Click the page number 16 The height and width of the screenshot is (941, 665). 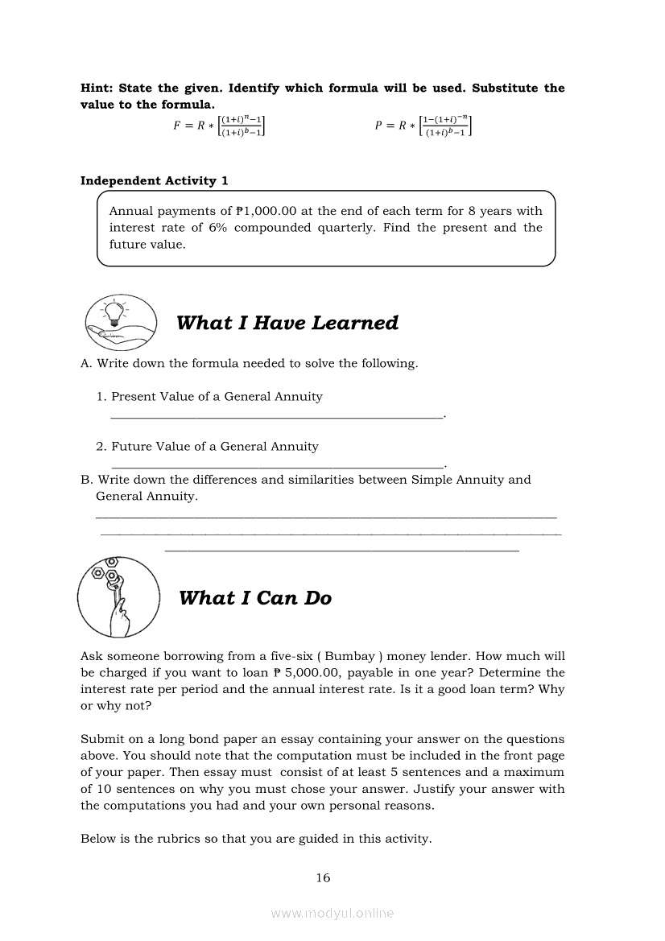pyautogui.click(x=323, y=878)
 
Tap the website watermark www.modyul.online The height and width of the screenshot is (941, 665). pyautogui.click(x=332, y=914)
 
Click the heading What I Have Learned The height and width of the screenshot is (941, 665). pyautogui.click(x=287, y=324)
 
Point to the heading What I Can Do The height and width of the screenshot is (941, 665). pyautogui.click(x=255, y=598)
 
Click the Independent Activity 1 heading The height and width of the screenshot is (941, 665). pyautogui.click(x=154, y=181)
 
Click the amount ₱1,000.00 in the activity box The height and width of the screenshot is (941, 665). pyautogui.click(x=266, y=212)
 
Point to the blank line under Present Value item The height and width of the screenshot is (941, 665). pyautogui.click(x=277, y=416)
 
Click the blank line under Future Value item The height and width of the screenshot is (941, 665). pyautogui.click(x=277, y=466)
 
